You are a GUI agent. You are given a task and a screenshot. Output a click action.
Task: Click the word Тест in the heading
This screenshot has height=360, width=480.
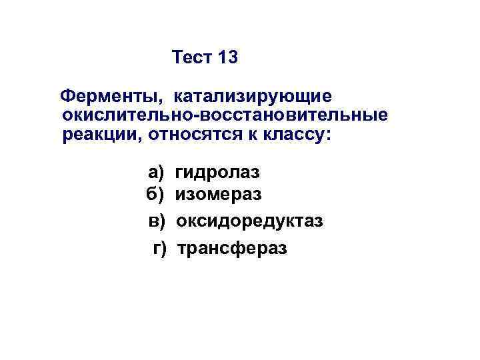pyautogui.click(x=191, y=58)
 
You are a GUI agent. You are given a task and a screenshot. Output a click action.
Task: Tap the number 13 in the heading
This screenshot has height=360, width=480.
pyautogui.click(x=227, y=58)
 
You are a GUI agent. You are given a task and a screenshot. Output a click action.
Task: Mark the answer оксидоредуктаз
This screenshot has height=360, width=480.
pyautogui.click(x=249, y=221)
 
